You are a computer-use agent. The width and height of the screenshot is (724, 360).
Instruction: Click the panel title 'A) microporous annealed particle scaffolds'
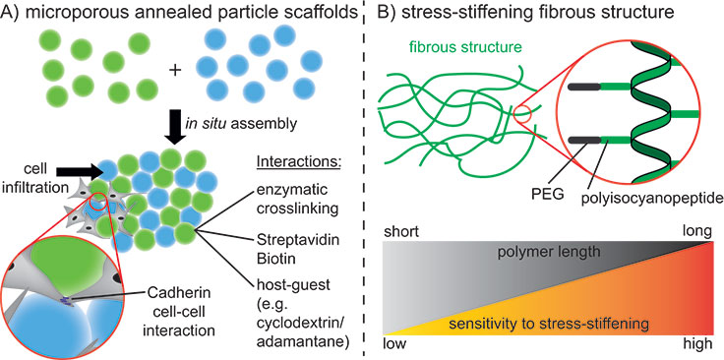pyautogui.click(x=171, y=13)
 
